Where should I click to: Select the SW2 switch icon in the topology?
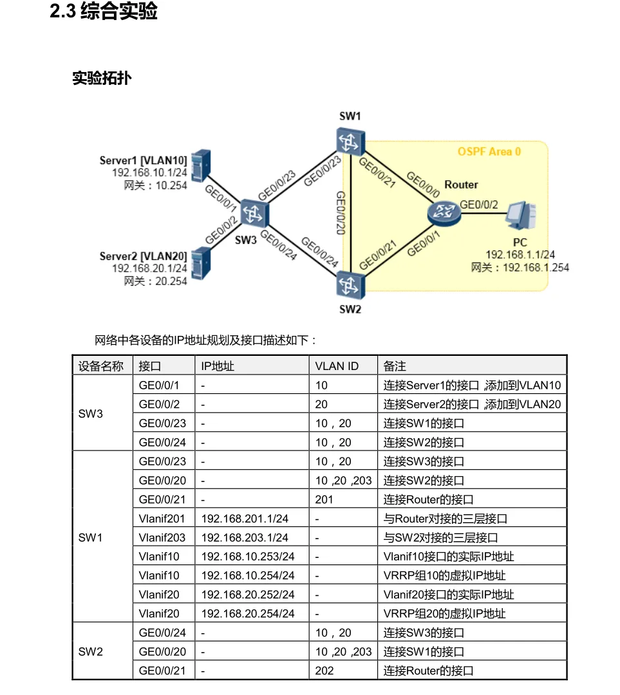pyautogui.click(x=350, y=285)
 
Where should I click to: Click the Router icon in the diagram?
pyautogui.click(x=442, y=210)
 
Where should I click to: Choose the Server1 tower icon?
pyautogui.click(x=202, y=165)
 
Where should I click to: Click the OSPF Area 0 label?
pyautogui.click(x=489, y=152)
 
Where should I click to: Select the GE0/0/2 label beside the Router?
pyautogui.click(x=479, y=205)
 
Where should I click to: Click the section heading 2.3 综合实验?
pyautogui.click(x=104, y=12)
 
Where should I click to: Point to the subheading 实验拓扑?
pyautogui.click(x=102, y=79)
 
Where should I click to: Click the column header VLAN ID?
pyautogui.click(x=337, y=366)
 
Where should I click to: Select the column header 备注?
pyautogui.click(x=395, y=366)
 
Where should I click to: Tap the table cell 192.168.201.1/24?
pyautogui.click(x=245, y=519)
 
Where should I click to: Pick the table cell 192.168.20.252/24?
pyautogui.click(x=248, y=595)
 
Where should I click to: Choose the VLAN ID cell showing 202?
pyautogui.click(x=324, y=671)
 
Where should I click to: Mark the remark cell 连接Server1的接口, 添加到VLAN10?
pyautogui.click(x=472, y=385)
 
